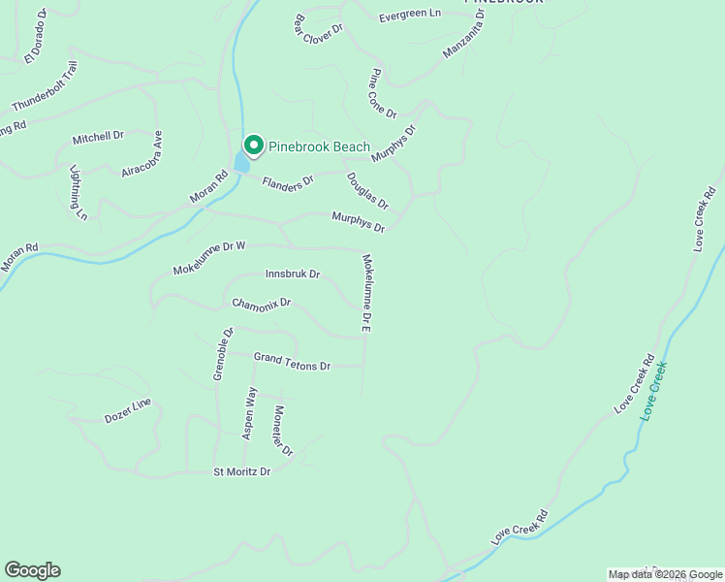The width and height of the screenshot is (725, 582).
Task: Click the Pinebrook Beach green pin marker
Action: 254,145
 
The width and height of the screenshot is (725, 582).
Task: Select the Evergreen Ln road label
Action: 409,16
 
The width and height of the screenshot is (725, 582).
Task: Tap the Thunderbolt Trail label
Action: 44,86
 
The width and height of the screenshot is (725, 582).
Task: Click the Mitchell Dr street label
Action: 99,139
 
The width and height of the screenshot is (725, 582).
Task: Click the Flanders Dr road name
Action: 288,179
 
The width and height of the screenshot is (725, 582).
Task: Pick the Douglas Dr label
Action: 367,191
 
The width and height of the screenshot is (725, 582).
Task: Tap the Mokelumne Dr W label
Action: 209,258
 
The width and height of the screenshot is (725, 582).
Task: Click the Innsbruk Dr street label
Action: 293,275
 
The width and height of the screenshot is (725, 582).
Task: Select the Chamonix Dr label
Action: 262,304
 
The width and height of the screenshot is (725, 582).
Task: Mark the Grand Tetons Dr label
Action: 292,362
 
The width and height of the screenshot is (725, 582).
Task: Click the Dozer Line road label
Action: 128,411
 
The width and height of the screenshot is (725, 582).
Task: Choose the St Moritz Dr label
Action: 241,471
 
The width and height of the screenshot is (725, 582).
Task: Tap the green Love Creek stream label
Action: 654,391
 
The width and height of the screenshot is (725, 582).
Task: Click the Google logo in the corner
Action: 32,570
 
